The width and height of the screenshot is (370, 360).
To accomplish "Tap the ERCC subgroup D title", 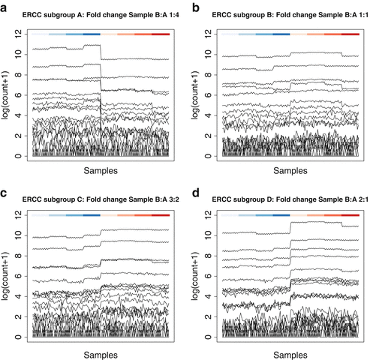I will click(x=289, y=198).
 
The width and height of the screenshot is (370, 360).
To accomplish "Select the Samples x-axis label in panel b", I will click(x=289, y=172).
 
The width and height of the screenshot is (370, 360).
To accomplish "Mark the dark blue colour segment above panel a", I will click(x=92, y=34).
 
